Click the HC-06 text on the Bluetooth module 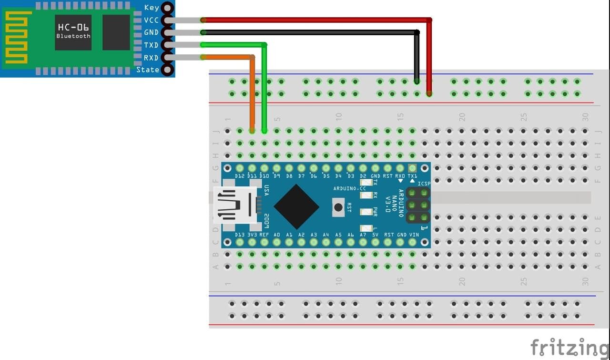point(73,27)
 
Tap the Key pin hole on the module point(167,8)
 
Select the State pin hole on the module point(167,70)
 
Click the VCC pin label point(152,20)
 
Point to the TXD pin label point(152,45)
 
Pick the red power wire point(315,20)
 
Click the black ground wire point(310,32)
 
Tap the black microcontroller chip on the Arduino point(296,206)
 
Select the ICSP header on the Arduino point(417,206)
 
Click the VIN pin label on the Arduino point(414,235)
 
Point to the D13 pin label point(240,235)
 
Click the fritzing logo point(569,347)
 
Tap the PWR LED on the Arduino point(366,212)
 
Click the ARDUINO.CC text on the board point(350,188)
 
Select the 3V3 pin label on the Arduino point(252,235)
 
